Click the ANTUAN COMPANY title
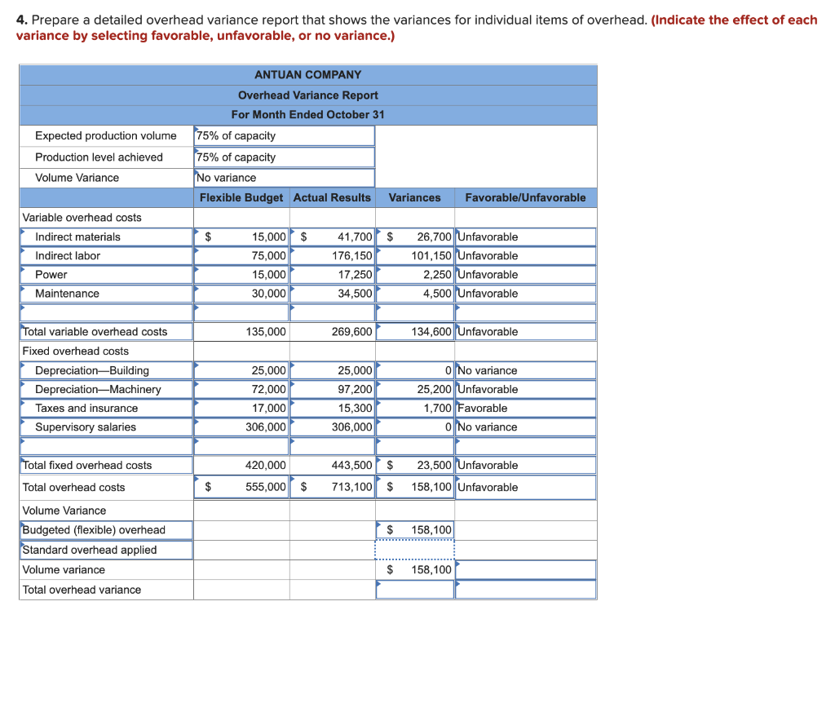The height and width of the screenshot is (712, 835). (x=307, y=74)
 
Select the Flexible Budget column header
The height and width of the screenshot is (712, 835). (x=241, y=197)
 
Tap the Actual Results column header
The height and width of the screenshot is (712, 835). (x=332, y=197)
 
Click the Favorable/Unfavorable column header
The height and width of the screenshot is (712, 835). (x=525, y=197)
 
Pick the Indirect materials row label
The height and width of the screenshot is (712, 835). (x=77, y=237)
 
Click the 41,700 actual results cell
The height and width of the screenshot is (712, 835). (x=354, y=237)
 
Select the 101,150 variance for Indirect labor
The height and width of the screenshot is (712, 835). (x=431, y=255)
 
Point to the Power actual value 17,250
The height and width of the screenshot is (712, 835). (x=355, y=275)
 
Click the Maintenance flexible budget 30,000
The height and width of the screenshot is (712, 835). (x=268, y=294)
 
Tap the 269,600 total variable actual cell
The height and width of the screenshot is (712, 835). (x=352, y=332)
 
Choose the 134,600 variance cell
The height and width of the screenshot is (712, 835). (x=431, y=332)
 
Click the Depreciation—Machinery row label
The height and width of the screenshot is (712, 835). (x=98, y=389)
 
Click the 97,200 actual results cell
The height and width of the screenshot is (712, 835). (x=355, y=389)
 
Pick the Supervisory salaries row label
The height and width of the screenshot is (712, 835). (x=86, y=427)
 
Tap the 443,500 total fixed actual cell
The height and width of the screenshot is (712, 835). (x=352, y=465)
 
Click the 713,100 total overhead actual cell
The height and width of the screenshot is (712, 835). (x=352, y=487)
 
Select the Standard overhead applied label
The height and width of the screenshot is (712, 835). (x=90, y=550)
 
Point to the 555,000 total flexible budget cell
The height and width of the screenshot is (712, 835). (x=266, y=487)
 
